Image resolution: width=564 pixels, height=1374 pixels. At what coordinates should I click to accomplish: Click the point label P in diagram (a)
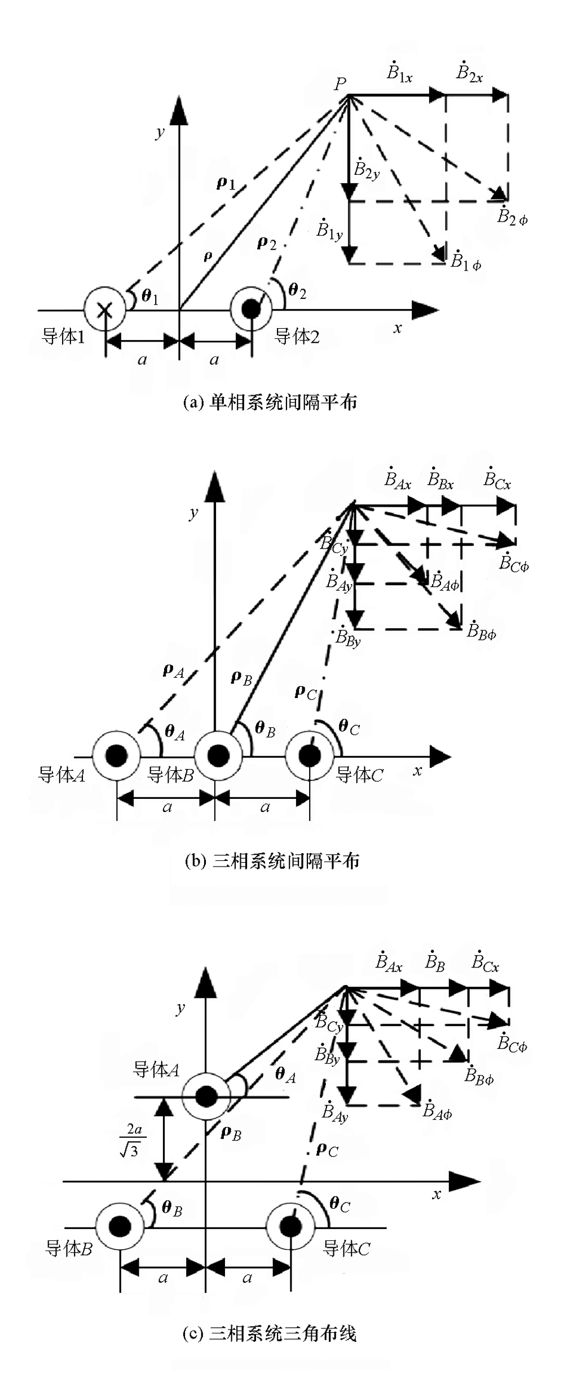(x=340, y=85)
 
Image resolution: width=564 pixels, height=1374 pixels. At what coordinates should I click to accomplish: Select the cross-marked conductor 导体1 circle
(x=104, y=309)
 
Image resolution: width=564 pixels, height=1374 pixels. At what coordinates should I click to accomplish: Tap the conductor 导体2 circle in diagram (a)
(x=251, y=309)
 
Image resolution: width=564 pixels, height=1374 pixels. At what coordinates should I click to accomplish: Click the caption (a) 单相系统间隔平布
(x=270, y=402)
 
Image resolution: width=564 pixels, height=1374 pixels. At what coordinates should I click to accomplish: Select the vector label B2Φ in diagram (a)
(x=512, y=216)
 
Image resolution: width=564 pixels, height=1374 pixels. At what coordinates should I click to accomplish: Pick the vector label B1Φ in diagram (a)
(x=465, y=261)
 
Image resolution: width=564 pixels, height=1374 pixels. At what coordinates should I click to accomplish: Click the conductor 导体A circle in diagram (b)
(x=116, y=756)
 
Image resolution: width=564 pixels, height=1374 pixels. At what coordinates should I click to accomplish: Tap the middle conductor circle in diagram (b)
(x=218, y=756)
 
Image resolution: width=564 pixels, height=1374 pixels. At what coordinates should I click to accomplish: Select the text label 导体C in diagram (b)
(x=359, y=775)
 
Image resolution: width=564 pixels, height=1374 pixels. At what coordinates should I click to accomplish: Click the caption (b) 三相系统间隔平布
(x=272, y=861)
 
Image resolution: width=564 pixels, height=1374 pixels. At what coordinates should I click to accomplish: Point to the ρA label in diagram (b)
(x=173, y=671)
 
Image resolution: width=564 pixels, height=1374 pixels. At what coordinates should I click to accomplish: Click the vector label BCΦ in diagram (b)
(x=514, y=563)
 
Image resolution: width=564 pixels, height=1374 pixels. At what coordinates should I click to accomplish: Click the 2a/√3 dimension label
(x=133, y=1139)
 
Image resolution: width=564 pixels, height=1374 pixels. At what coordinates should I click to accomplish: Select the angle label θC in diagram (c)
(x=340, y=1205)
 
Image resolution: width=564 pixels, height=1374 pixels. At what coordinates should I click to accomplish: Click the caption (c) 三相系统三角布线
(x=270, y=1333)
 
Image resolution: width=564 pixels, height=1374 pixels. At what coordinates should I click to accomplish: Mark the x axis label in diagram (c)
(x=436, y=1194)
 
